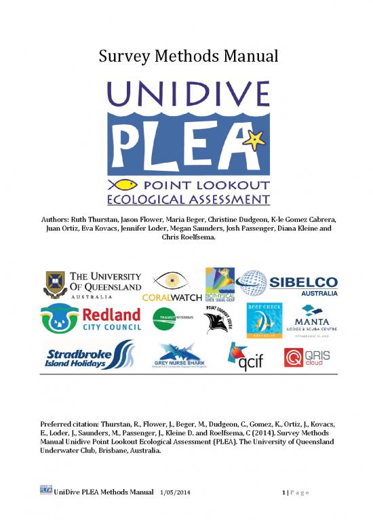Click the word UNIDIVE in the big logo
(x=187, y=97)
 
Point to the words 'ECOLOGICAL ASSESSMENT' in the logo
(x=187, y=199)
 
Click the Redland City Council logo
(x=92, y=319)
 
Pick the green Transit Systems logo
(x=166, y=318)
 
